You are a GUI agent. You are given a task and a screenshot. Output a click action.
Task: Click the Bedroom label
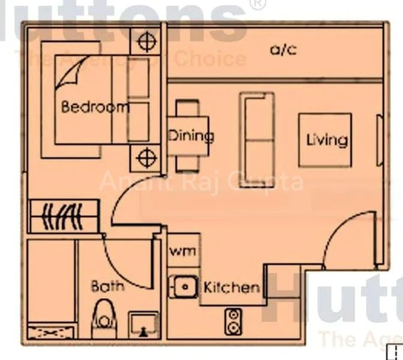pos(95,107)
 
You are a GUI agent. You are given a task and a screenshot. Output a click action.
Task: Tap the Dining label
pos(190,136)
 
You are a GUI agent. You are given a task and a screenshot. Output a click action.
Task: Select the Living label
pos(326,140)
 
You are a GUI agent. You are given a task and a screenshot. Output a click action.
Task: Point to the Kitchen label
pos(231,287)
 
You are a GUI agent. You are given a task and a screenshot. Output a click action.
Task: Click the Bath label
pos(107,286)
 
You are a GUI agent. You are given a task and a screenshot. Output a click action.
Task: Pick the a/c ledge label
pos(283,50)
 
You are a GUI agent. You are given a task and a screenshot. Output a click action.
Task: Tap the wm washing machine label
pos(182,251)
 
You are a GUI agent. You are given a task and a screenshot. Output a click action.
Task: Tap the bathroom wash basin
pos(143,324)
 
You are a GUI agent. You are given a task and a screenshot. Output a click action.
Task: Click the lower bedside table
pos(145,158)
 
